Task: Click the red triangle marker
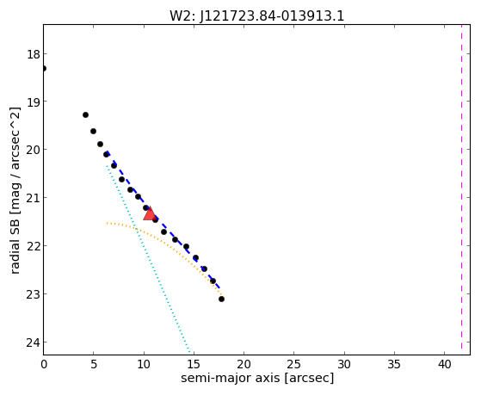(x=150, y=214)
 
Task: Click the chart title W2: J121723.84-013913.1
(x=256, y=16)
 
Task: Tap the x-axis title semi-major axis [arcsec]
(x=257, y=378)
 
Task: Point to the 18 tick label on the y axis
(x=34, y=54)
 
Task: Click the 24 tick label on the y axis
(x=34, y=343)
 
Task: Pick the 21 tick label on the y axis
(x=34, y=198)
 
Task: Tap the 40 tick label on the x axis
(x=445, y=365)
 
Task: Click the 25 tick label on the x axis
(x=294, y=365)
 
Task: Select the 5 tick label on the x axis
(x=94, y=365)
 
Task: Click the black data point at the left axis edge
(x=44, y=68)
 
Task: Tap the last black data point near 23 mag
(x=221, y=299)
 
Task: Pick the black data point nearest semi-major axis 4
(x=85, y=114)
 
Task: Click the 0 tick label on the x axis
(x=44, y=365)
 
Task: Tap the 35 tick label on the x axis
(x=394, y=365)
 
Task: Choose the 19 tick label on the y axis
(x=34, y=102)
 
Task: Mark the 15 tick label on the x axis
(x=194, y=365)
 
